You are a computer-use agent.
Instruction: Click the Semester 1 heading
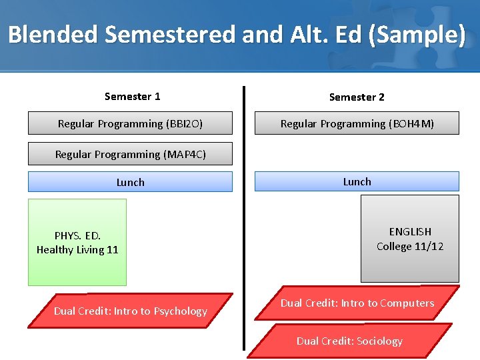coord(132,97)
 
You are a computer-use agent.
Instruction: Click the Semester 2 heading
coord(357,97)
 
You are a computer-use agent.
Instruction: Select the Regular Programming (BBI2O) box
coord(130,123)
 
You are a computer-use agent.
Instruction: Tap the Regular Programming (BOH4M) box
coord(357,123)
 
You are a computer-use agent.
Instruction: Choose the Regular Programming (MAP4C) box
coord(130,154)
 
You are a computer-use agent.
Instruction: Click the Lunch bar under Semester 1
coord(130,182)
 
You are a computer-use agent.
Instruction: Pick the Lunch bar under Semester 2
coord(357,181)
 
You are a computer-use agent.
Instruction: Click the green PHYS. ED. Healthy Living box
coord(77,243)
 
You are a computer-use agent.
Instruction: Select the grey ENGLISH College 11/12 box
coord(410,239)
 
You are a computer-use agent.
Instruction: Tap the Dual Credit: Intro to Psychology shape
coord(131,311)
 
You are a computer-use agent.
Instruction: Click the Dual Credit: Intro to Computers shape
coord(357,303)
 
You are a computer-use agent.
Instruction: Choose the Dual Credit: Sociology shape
coord(349,341)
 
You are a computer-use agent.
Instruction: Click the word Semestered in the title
coord(172,34)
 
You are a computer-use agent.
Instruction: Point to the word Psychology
coord(180,311)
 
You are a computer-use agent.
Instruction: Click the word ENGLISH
coord(410,231)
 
